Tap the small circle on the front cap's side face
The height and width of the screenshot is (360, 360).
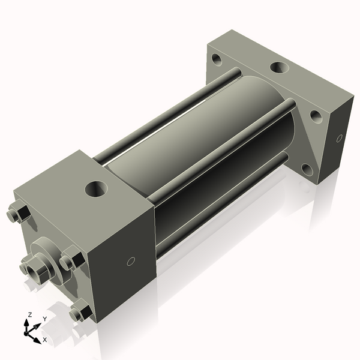131,262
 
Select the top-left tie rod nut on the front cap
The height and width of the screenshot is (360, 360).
19,214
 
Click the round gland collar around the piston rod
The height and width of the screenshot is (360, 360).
48,252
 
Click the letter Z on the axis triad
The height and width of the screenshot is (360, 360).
30,315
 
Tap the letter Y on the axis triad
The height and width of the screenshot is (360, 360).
44,319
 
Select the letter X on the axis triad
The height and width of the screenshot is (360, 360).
44,340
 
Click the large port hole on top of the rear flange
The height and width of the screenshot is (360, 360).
278,67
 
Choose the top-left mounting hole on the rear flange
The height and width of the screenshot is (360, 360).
216,60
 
